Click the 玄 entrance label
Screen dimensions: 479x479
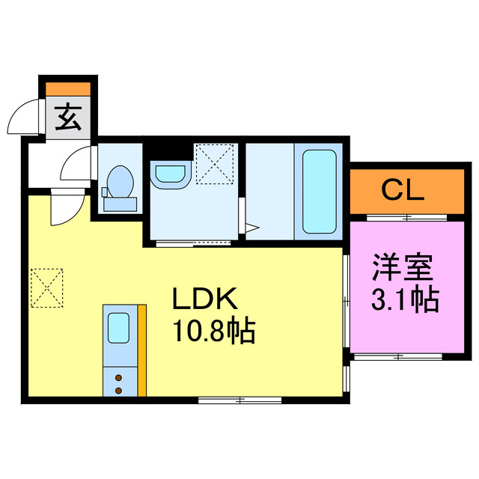click(68, 118)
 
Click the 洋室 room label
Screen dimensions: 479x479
click(404, 267)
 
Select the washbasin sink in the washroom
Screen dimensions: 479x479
click(170, 174)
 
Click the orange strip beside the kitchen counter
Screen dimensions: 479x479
click(141, 350)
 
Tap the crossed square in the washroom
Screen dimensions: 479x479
click(216, 162)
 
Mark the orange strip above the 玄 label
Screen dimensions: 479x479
click(68, 88)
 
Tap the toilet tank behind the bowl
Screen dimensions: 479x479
click(120, 202)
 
